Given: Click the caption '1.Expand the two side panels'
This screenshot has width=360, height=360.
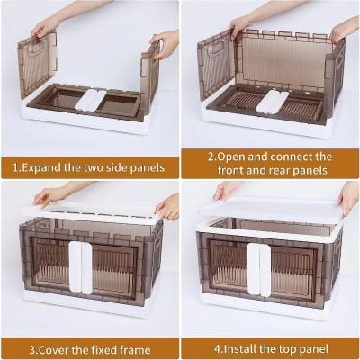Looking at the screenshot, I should coord(88,166).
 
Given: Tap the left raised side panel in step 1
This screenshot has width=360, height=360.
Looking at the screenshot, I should coord(38,63).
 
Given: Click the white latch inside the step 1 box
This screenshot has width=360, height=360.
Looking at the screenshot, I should coord(90,99).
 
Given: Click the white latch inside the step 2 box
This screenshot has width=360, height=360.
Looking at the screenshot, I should coord(269,101).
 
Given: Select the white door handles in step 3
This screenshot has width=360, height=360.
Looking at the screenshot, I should coord(82,267).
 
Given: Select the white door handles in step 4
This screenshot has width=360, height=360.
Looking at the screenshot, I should coord(259,267).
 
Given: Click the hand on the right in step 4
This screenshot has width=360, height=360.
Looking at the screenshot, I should coord(347,196).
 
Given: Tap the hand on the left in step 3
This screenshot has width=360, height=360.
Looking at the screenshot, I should coord(49,194).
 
